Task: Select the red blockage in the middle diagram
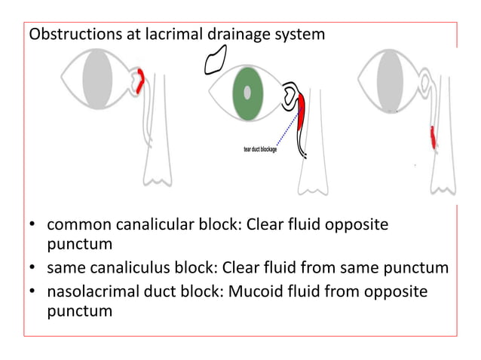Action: click(302, 113)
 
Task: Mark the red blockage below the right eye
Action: click(433, 136)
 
